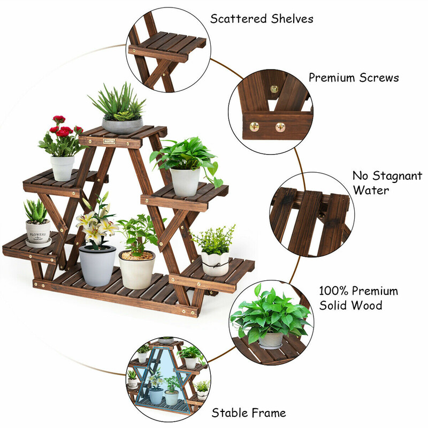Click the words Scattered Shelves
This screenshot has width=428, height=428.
click(x=262, y=19)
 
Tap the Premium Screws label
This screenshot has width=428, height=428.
click(x=354, y=78)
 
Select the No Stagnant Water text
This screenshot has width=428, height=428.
click(x=387, y=183)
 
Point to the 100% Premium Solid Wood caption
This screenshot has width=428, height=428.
click(x=358, y=298)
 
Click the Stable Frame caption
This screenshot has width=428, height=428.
click(x=249, y=412)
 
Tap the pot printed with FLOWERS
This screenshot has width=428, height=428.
click(x=38, y=232)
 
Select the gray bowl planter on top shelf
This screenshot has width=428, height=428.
click(x=123, y=126)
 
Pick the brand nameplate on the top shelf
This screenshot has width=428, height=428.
click(x=110, y=141)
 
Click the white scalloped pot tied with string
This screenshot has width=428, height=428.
click(x=216, y=264)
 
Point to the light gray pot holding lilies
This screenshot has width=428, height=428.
click(x=97, y=265)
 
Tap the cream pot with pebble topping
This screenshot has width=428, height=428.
click(x=137, y=270)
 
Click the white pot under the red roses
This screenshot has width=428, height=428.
click(x=62, y=168)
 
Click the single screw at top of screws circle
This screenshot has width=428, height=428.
click(x=274, y=89)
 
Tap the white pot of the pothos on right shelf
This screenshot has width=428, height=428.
click(x=185, y=182)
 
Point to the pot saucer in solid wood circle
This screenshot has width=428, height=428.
click(x=271, y=346)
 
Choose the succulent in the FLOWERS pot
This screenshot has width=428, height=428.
click(x=36, y=211)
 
